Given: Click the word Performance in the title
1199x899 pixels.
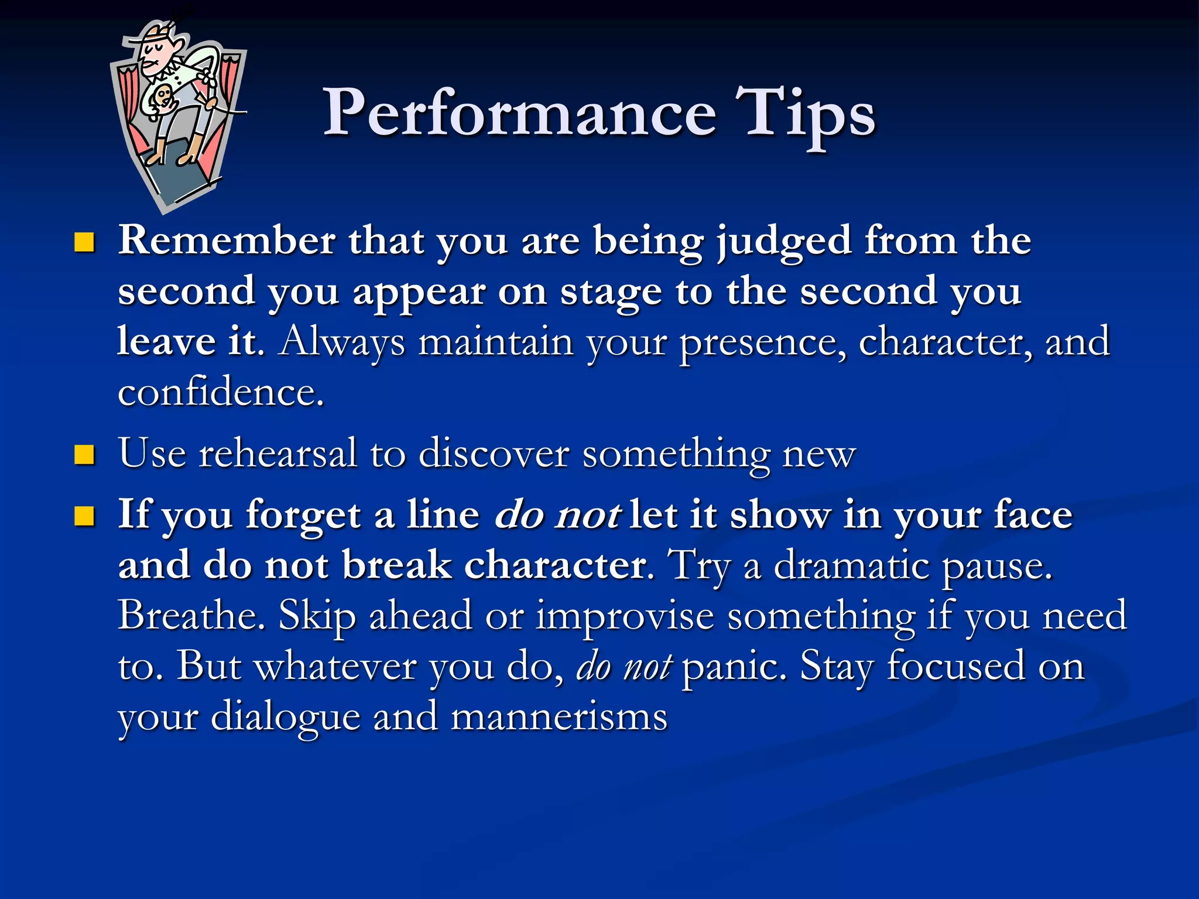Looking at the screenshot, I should pyautogui.click(x=519, y=112).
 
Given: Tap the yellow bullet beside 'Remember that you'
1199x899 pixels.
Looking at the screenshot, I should pyautogui.click(x=85, y=242).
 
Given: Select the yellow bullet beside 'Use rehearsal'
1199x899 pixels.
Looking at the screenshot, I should pyautogui.click(x=85, y=454).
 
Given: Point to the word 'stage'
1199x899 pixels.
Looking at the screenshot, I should pyautogui.click(x=611, y=291).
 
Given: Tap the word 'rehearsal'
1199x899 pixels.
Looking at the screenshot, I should pyautogui.click(x=278, y=453).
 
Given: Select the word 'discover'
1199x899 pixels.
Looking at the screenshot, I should pyautogui.click(x=494, y=453).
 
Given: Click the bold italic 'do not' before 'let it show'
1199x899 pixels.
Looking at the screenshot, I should pyautogui.click(x=557, y=516).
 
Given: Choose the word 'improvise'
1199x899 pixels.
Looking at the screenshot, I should pyautogui.click(x=625, y=615).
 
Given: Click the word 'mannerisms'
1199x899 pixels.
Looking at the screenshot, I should pyautogui.click(x=559, y=716).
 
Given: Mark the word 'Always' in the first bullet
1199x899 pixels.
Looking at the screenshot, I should pyautogui.click(x=341, y=342).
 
